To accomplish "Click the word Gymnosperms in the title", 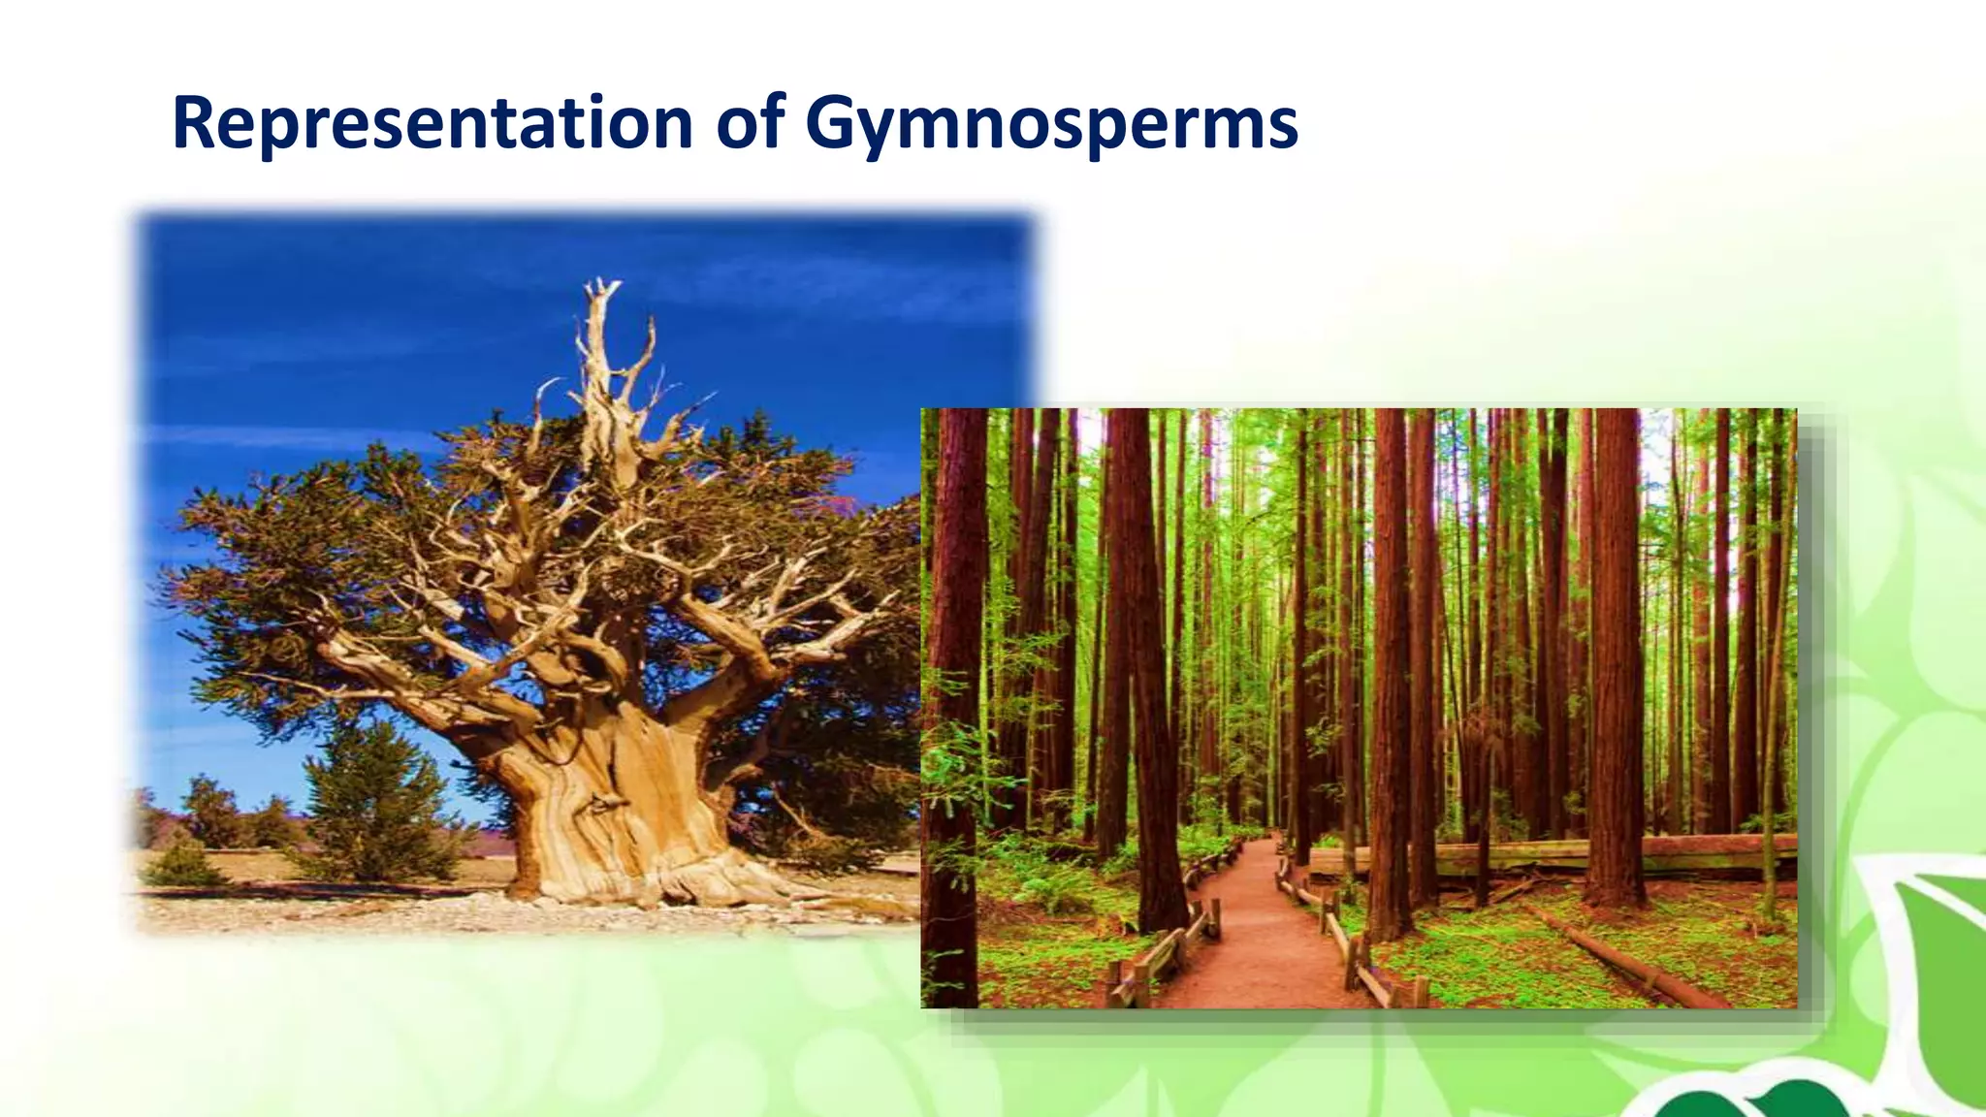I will tap(1051, 123).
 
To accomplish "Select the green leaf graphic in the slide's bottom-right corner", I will tap(1935, 970).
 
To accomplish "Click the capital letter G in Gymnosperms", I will tap(834, 123).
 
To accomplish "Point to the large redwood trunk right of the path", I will tap(1392, 679).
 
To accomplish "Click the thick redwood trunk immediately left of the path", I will tap(1149, 679).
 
